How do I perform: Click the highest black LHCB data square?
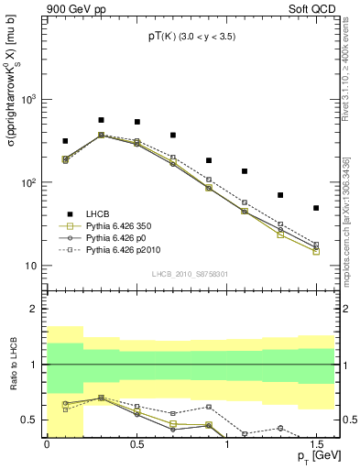click(101, 120)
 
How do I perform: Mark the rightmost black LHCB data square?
click(316, 208)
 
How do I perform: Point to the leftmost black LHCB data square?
click(65, 141)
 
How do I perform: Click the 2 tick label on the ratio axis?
click(34, 309)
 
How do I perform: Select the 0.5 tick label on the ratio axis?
click(29, 420)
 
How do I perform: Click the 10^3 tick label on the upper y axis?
click(27, 98)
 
